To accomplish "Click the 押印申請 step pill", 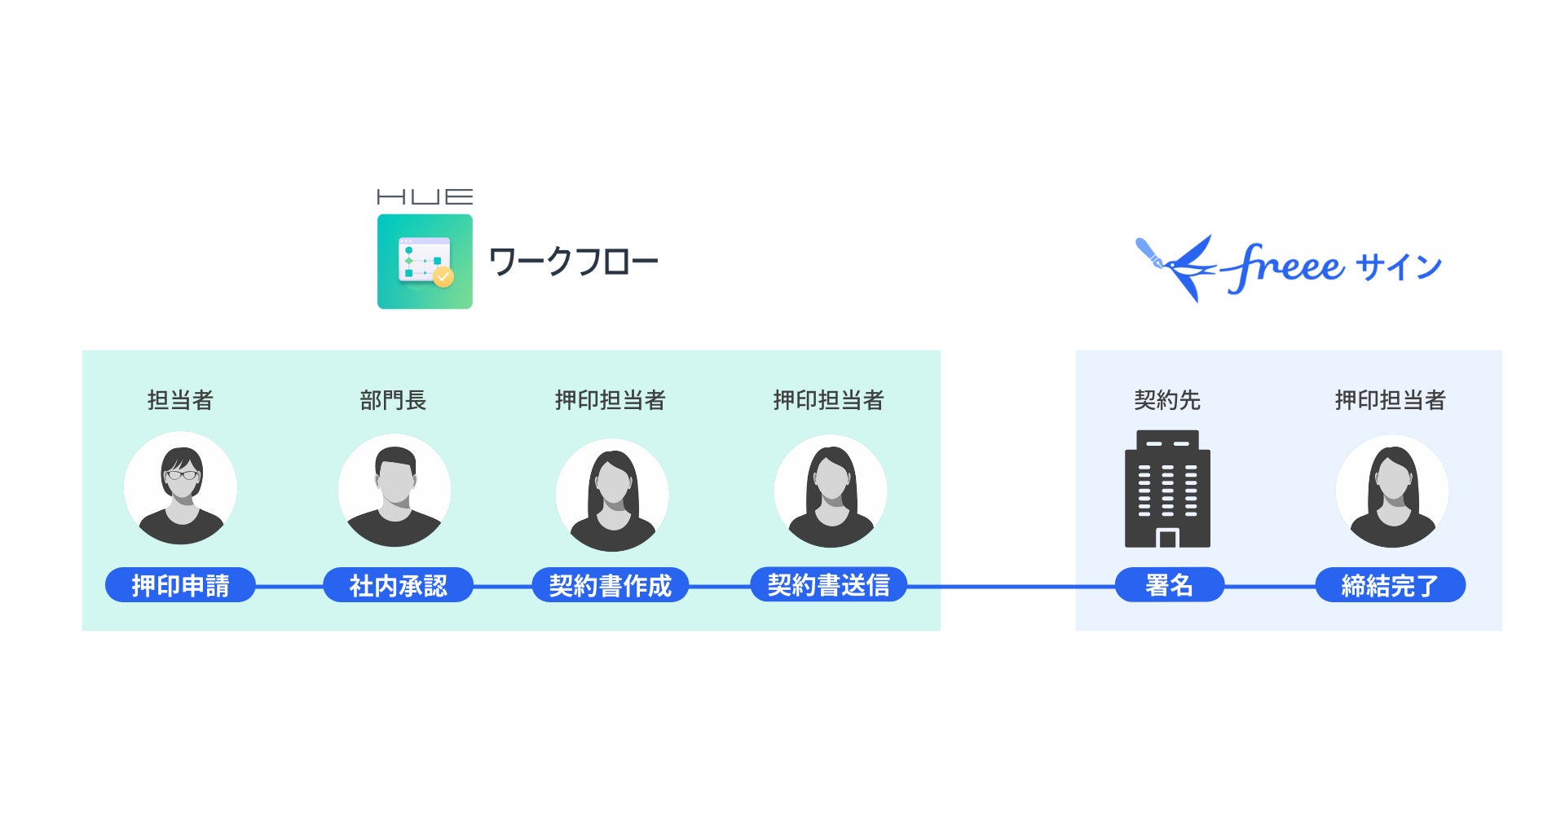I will click(180, 585).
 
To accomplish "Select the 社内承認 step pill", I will click(398, 585).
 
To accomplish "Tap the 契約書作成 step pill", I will click(610, 585).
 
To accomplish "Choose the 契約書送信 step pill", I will click(828, 585).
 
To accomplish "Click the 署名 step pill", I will click(1169, 585).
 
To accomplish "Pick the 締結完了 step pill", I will click(1390, 585).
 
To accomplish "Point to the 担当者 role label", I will click(180, 400).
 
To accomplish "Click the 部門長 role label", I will click(393, 400).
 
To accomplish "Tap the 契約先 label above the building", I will click(1167, 400).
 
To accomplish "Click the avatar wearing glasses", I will click(180, 489).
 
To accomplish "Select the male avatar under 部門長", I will click(395, 491).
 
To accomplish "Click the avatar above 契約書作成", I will click(612, 495).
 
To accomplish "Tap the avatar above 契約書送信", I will click(830, 491).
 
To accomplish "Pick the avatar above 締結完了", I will click(1392, 491).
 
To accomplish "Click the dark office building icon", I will click(1167, 489).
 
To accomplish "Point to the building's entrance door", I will click(1168, 538).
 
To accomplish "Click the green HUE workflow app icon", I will click(425, 262).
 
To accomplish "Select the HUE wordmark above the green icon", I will click(425, 196).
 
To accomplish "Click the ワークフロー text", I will click(573, 262).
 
